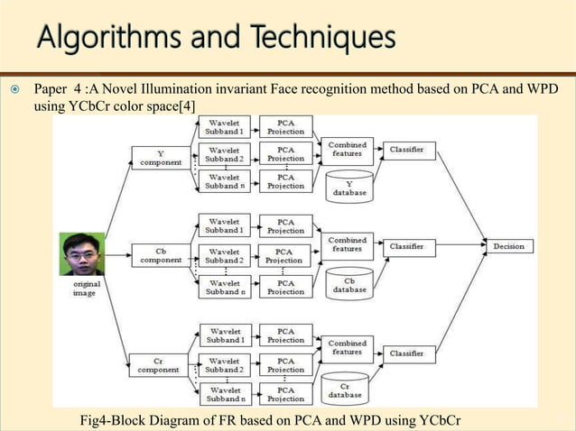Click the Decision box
coord(508,245)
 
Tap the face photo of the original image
coord(81,254)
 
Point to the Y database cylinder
coord(348,187)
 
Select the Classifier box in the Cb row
coord(411,245)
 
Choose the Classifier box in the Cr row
coord(411,353)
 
